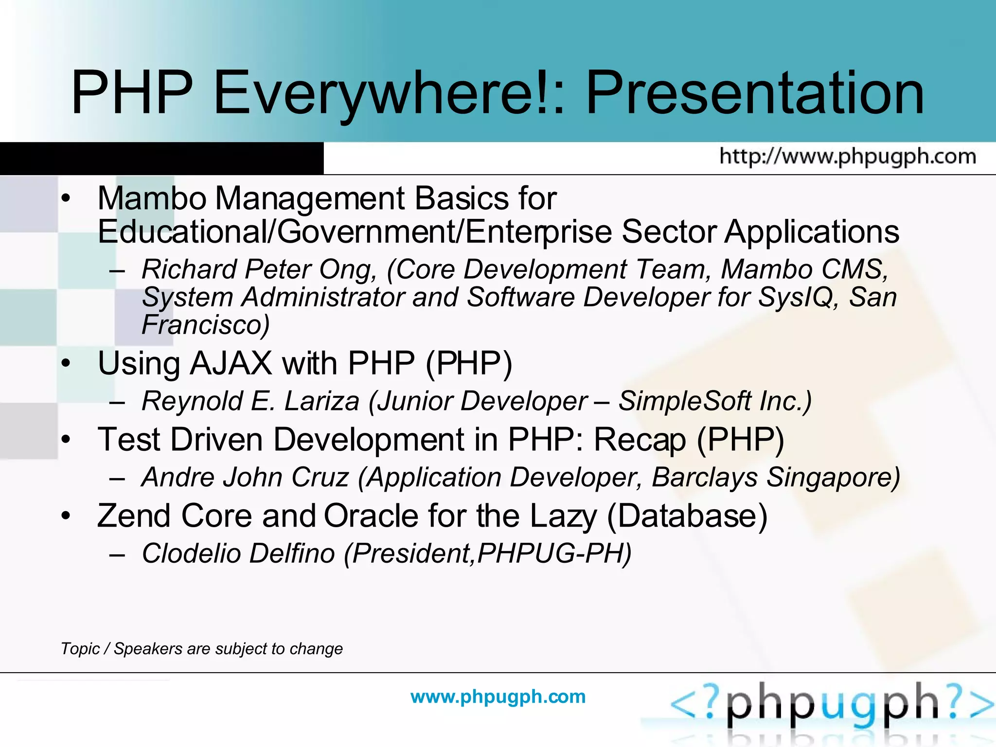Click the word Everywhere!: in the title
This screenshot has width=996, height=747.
pos(389,93)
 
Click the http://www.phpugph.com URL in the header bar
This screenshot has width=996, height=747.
pos(848,157)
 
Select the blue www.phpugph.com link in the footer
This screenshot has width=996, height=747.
pos(498,696)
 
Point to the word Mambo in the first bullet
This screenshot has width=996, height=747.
pos(152,198)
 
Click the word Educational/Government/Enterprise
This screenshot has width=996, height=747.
pos(355,231)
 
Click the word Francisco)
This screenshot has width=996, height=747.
pos(205,325)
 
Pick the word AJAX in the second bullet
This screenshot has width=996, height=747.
pos(231,363)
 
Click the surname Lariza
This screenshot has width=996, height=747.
pos(321,401)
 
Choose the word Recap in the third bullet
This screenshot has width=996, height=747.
pos(640,440)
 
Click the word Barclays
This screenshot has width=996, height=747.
pos(705,477)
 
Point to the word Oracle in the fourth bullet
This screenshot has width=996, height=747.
pos(371,516)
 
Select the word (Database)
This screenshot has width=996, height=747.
pos(687,516)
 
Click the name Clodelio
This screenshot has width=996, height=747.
pos(190,553)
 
